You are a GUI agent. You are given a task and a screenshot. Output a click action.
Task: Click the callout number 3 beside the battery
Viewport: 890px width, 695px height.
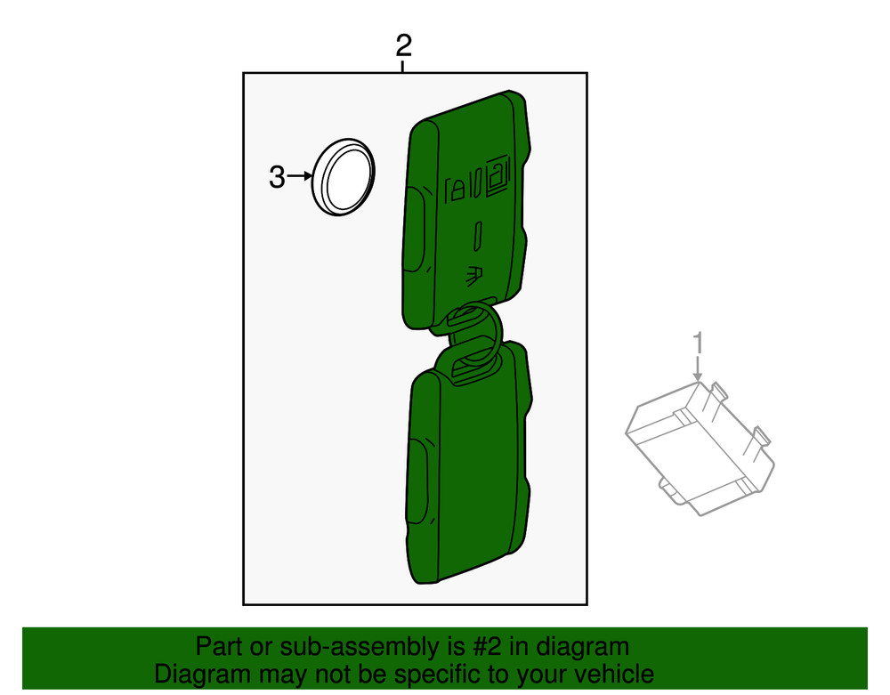point(278,177)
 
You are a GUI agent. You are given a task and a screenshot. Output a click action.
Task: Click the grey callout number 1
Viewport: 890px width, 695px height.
point(699,342)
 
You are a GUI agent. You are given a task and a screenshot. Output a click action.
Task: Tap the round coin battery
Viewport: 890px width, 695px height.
point(343,176)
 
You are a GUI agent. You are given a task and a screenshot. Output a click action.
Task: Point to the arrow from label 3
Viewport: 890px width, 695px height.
point(299,177)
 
